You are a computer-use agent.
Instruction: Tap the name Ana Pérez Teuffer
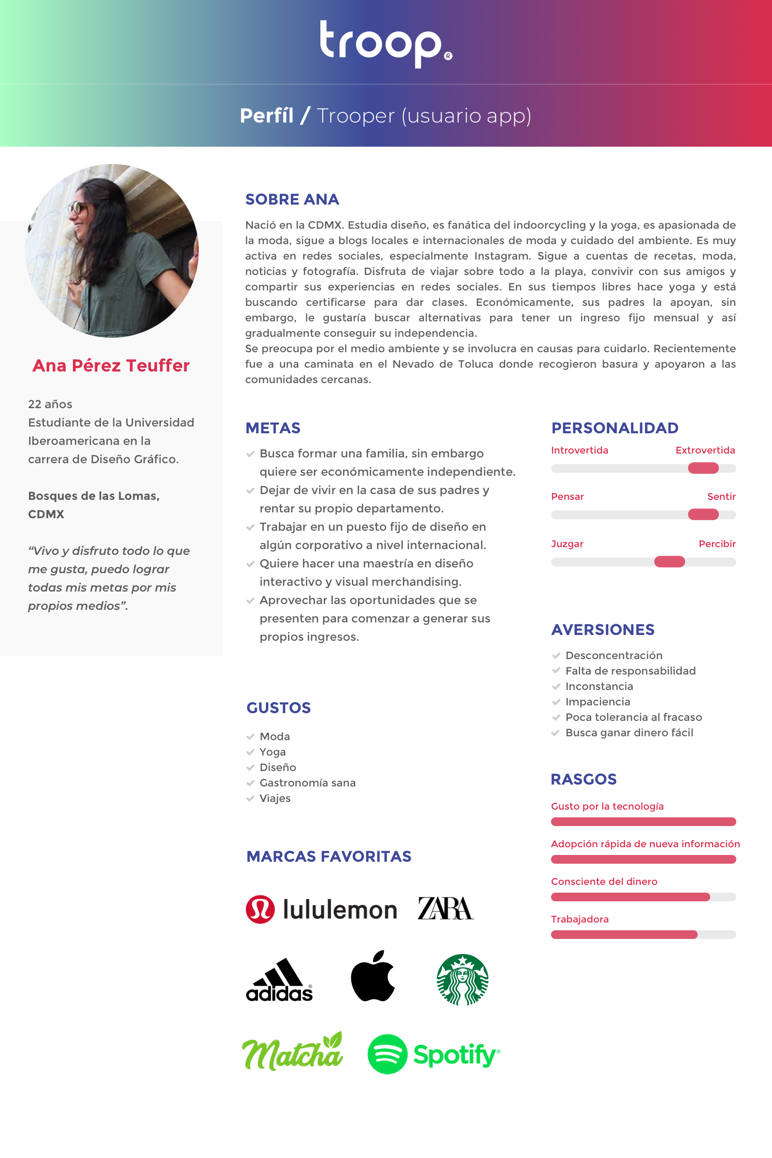click(111, 365)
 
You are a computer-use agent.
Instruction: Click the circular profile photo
click(112, 250)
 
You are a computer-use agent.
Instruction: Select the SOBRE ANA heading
click(292, 199)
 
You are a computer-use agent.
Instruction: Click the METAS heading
click(273, 428)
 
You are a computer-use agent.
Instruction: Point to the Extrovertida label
click(705, 450)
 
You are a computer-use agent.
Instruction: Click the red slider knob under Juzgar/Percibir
click(669, 562)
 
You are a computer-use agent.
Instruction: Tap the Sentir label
click(721, 496)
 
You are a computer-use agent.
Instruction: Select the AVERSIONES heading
click(603, 629)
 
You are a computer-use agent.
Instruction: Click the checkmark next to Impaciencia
click(556, 702)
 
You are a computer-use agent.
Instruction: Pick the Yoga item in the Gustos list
click(272, 752)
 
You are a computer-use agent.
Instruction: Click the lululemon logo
click(321, 910)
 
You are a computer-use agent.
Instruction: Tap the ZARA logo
click(445, 909)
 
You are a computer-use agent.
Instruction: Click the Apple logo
click(372, 976)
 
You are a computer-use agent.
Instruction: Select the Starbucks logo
click(462, 979)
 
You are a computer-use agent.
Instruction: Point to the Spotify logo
click(434, 1054)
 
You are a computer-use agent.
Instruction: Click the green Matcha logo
click(292, 1052)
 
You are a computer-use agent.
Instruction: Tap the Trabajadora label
click(579, 919)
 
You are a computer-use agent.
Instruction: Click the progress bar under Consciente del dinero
click(643, 897)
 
